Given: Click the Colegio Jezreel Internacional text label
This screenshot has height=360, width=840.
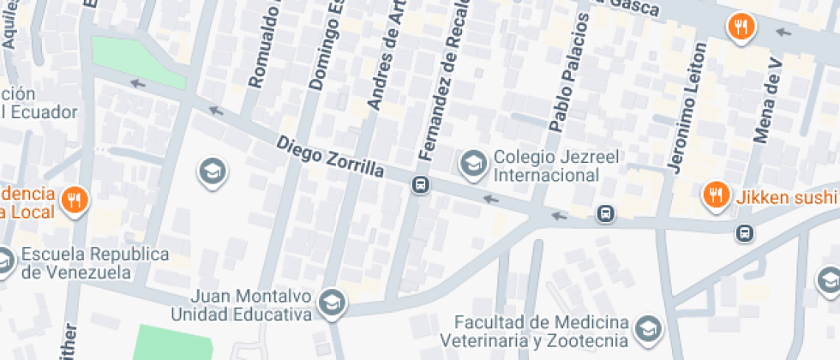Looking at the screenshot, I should point(545,167).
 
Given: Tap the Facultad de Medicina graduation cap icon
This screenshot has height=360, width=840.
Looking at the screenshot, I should point(650,329).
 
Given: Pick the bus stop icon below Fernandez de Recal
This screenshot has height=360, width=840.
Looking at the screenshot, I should point(420,184).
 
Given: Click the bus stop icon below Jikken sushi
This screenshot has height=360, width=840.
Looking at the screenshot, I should point(744,232).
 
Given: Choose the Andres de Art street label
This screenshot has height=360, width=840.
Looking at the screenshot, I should point(387,56).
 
